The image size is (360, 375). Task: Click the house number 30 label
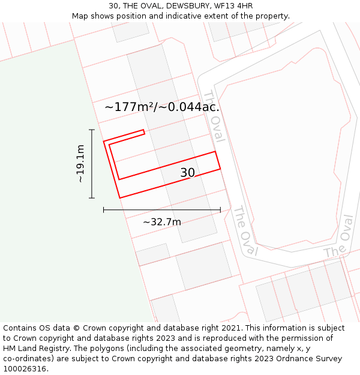coord(188,173)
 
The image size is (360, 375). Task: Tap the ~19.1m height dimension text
coord(80,163)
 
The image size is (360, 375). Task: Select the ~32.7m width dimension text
coord(162,222)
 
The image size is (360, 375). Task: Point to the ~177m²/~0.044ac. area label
coord(162,107)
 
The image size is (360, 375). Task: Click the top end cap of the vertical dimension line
coord(92,130)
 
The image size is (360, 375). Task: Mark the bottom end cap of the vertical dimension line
coord(92,198)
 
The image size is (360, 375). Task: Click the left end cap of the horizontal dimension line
coord(104,210)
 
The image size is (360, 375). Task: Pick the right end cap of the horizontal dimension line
coord(220,210)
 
